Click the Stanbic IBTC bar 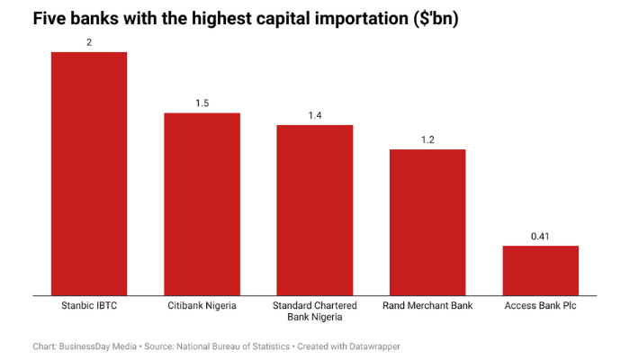[89, 173]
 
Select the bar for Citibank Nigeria [202, 203]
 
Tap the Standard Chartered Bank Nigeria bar [314, 210]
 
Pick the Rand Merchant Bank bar [427, 221]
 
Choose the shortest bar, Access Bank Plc [540, 270]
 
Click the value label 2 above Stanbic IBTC [89, 42]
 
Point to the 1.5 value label [202, 103]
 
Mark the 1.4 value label [314, 115]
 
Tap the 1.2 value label [427, 139]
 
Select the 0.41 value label [540, 236]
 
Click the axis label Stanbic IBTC [89, 306]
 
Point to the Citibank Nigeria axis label [202, 306]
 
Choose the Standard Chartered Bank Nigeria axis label [314, 311]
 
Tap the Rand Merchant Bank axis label [427, 306]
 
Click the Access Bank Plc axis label [540, 306]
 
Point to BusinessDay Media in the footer [98, 346]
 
